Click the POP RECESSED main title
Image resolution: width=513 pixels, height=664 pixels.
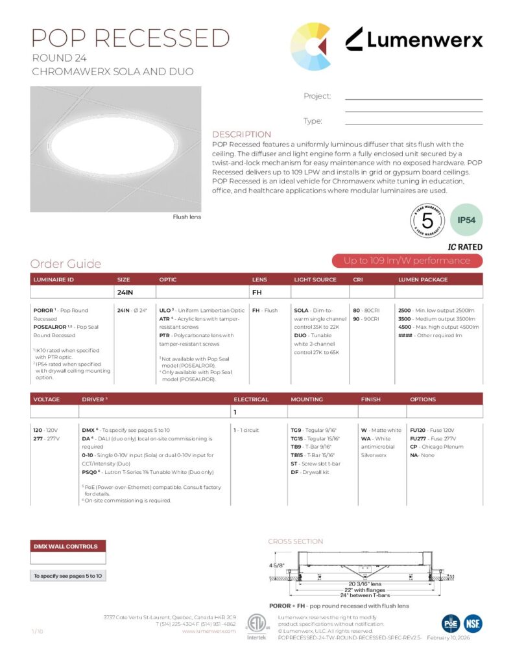130,38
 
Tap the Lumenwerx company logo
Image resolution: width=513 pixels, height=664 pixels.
413,40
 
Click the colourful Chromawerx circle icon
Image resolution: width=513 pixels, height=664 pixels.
310,46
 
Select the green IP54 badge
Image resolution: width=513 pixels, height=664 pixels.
466,220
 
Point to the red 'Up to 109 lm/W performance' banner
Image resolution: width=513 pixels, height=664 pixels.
407,261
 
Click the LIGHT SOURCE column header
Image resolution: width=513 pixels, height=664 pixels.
315,279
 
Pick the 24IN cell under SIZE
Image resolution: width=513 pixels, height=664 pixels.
125,292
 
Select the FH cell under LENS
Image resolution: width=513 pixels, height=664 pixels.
257,292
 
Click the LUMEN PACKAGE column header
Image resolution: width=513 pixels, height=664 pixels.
422,279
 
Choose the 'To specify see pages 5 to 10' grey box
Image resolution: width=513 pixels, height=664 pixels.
67,576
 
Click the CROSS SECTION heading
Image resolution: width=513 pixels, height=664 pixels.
295,541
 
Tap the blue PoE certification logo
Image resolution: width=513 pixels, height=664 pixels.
451,623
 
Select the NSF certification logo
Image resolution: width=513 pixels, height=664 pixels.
473,623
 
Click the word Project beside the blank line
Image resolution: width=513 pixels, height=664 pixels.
317,96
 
